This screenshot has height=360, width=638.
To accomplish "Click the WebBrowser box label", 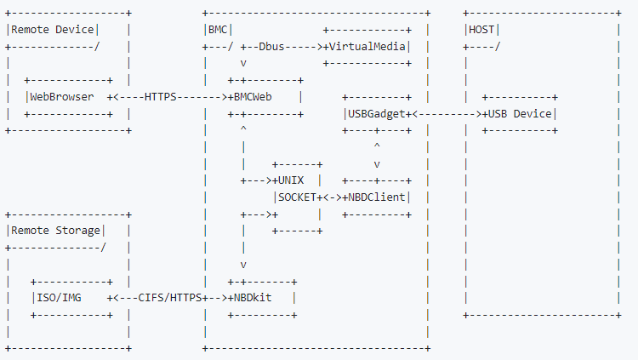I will click(x=62, y=97).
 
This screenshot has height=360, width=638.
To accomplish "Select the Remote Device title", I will click(x=51, y=30).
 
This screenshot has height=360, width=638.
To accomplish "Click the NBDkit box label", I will click(x=260, y=298).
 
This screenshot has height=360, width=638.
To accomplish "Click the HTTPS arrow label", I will click(x=161, y=97).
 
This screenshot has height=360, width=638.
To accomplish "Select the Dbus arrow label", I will click(x=274, y=47).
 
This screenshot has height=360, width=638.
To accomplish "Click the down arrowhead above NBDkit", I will click(x=244, y=265).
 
